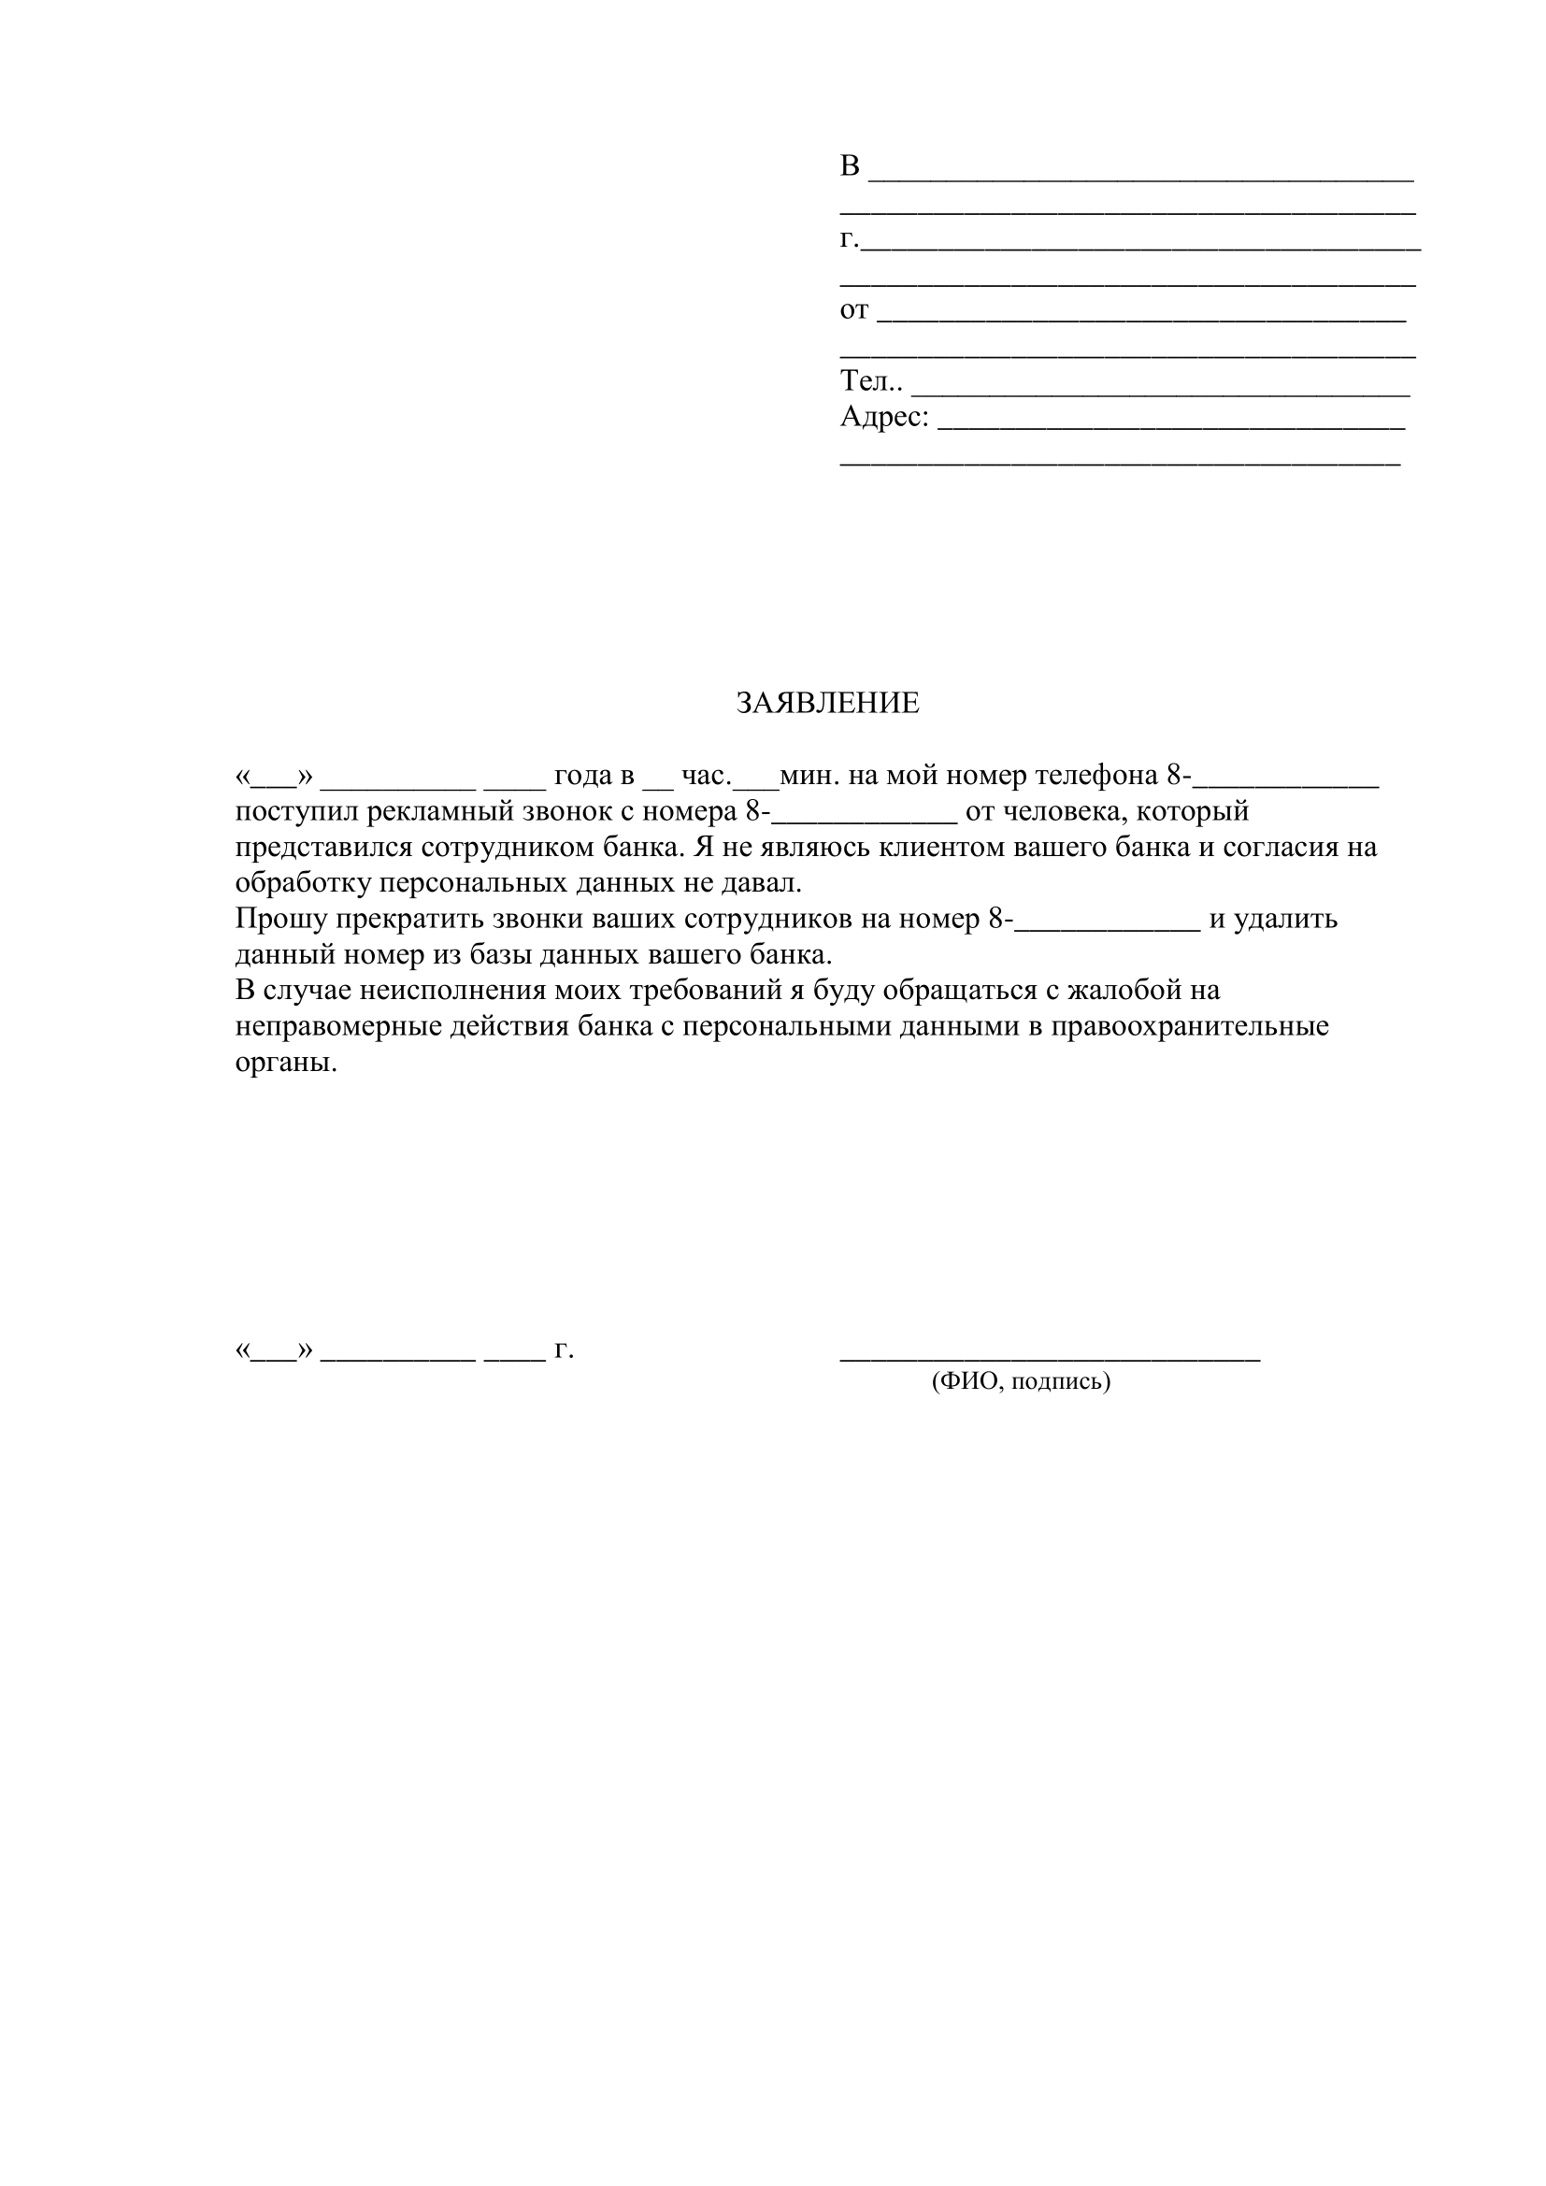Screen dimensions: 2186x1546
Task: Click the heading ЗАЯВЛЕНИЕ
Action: [827, 704]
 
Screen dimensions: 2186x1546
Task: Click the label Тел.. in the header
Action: [871, 382]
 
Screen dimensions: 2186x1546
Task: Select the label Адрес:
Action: [883, 417]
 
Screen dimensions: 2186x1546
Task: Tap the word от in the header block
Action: [854, 310]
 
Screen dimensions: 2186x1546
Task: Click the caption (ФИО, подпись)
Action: [1021, 1380]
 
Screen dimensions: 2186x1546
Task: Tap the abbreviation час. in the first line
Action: [706, 776]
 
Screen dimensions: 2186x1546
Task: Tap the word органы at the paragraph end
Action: [286, 1063]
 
